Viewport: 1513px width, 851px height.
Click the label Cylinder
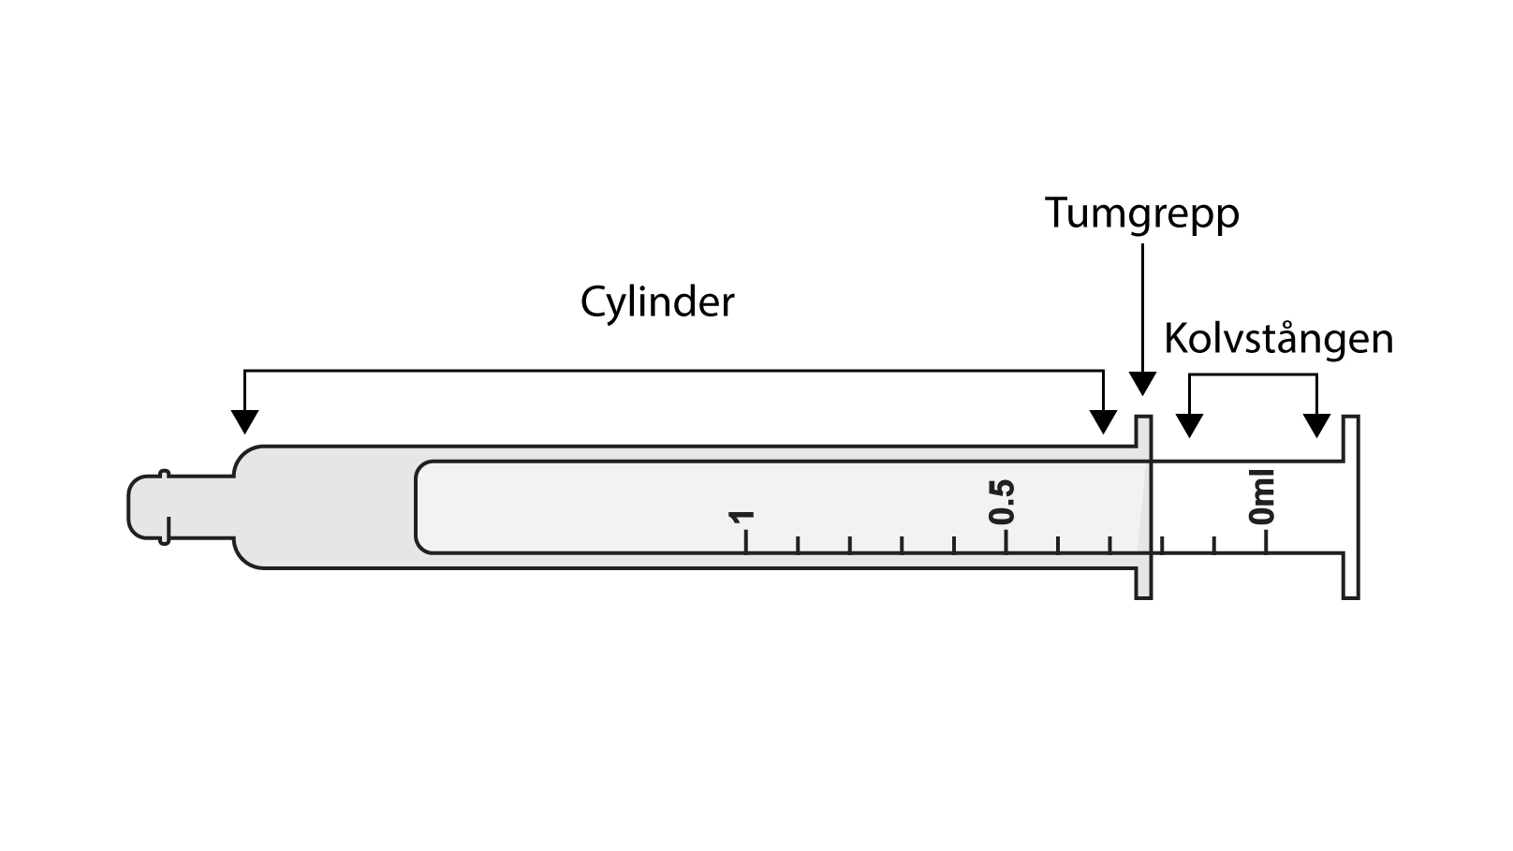(656, 301)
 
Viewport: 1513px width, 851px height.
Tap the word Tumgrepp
(1141, 214)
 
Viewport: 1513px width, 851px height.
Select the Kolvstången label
(1279, 339)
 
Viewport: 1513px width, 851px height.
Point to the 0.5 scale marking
(1001, 502)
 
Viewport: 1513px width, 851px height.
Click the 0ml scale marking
(1262, 496)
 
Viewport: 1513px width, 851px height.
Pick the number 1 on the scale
(741, 518)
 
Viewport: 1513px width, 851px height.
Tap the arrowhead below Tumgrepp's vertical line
(1142, 384)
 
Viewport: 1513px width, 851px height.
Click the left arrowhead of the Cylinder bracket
(244, 421)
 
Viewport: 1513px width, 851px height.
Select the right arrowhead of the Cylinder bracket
(1104, 421)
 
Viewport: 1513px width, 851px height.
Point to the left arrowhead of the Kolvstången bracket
(1189, 425)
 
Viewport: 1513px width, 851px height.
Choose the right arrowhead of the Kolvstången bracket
(1316, 425)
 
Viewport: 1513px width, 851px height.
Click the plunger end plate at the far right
(1351, 507)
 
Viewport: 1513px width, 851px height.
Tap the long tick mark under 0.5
(1006, 542)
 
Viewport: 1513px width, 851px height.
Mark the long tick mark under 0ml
(1266, 542)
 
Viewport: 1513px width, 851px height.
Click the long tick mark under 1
(745, 542)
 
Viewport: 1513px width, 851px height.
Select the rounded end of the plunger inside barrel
(423, 507)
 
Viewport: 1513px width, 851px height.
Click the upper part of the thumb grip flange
(1143, 432)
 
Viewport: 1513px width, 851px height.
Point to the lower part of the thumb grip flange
(1143, 583)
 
